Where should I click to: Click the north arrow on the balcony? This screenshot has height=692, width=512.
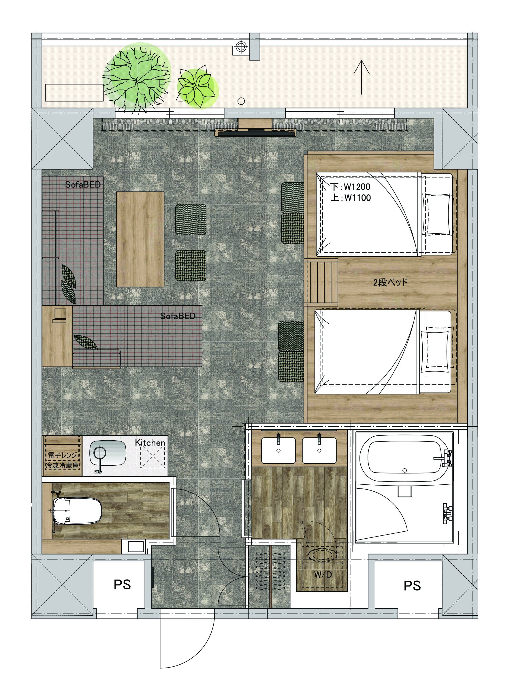pyautogui.click(x=362, y=77)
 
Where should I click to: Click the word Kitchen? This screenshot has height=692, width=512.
pyautogui.click(x=150, y=443)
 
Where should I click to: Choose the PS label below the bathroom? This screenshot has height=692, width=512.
pyautogui.click(x=412, y=586)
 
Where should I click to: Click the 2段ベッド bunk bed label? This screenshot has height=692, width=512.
pyautogui.click(x=390, y=282)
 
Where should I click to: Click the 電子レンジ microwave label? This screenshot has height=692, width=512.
pyautogui.click(x=62, y=455)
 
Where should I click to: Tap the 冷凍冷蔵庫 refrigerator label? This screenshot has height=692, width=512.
pyautogui.click(x=62, y=465)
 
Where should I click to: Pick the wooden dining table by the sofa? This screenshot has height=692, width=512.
pyautogui.click(x=140, y=239)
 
